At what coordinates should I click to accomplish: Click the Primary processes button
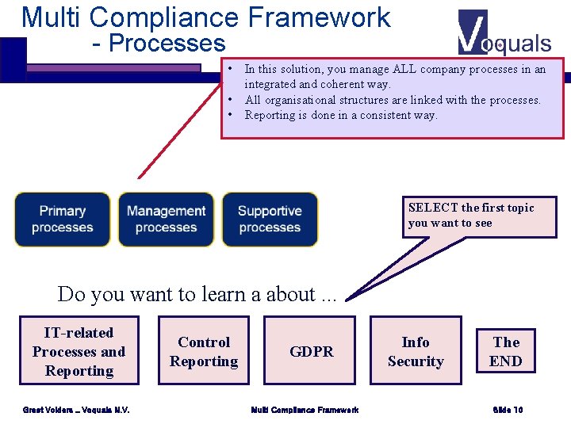pos(63,220)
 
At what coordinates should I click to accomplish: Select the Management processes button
pos(166,220)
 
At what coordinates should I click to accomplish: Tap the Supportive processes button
pos(270,220)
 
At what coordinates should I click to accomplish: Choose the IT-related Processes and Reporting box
pos(79,352)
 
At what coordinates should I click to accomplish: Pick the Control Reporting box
pos(204,352)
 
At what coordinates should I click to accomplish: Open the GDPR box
pos(312,352)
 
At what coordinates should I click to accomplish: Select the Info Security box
pos(416,352)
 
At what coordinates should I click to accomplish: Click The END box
pos(506,352)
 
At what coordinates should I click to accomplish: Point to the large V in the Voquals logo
pos(473,32)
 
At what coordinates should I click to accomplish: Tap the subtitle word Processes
pos(167,44)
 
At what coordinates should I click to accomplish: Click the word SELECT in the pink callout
pos(433,208)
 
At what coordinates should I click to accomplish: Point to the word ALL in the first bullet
pos(405,70)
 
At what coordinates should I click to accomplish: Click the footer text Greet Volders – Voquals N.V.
pos(77,410)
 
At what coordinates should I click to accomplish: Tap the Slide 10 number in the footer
pos(508,410)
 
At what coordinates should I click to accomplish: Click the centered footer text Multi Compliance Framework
pos(305,410)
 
